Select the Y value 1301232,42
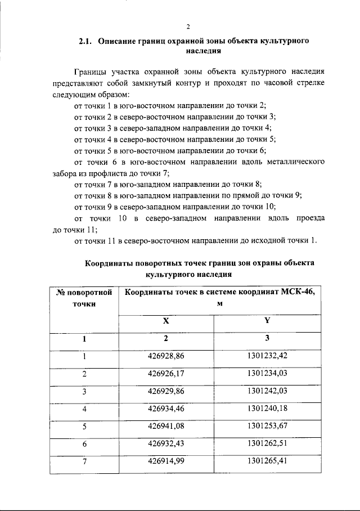[x=267, y=356]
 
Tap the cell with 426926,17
[x=166, y=373]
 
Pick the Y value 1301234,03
[x=267, y=373]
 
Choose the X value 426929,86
[x=166, y=391]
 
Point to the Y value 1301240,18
[x=267, y=409]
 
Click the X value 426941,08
[x=166, y=426]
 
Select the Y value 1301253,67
[x=267, y=426]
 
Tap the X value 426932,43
[x=166, y=444]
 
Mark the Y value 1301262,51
[x=267, y=444]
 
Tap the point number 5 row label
[x=84, y=426]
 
